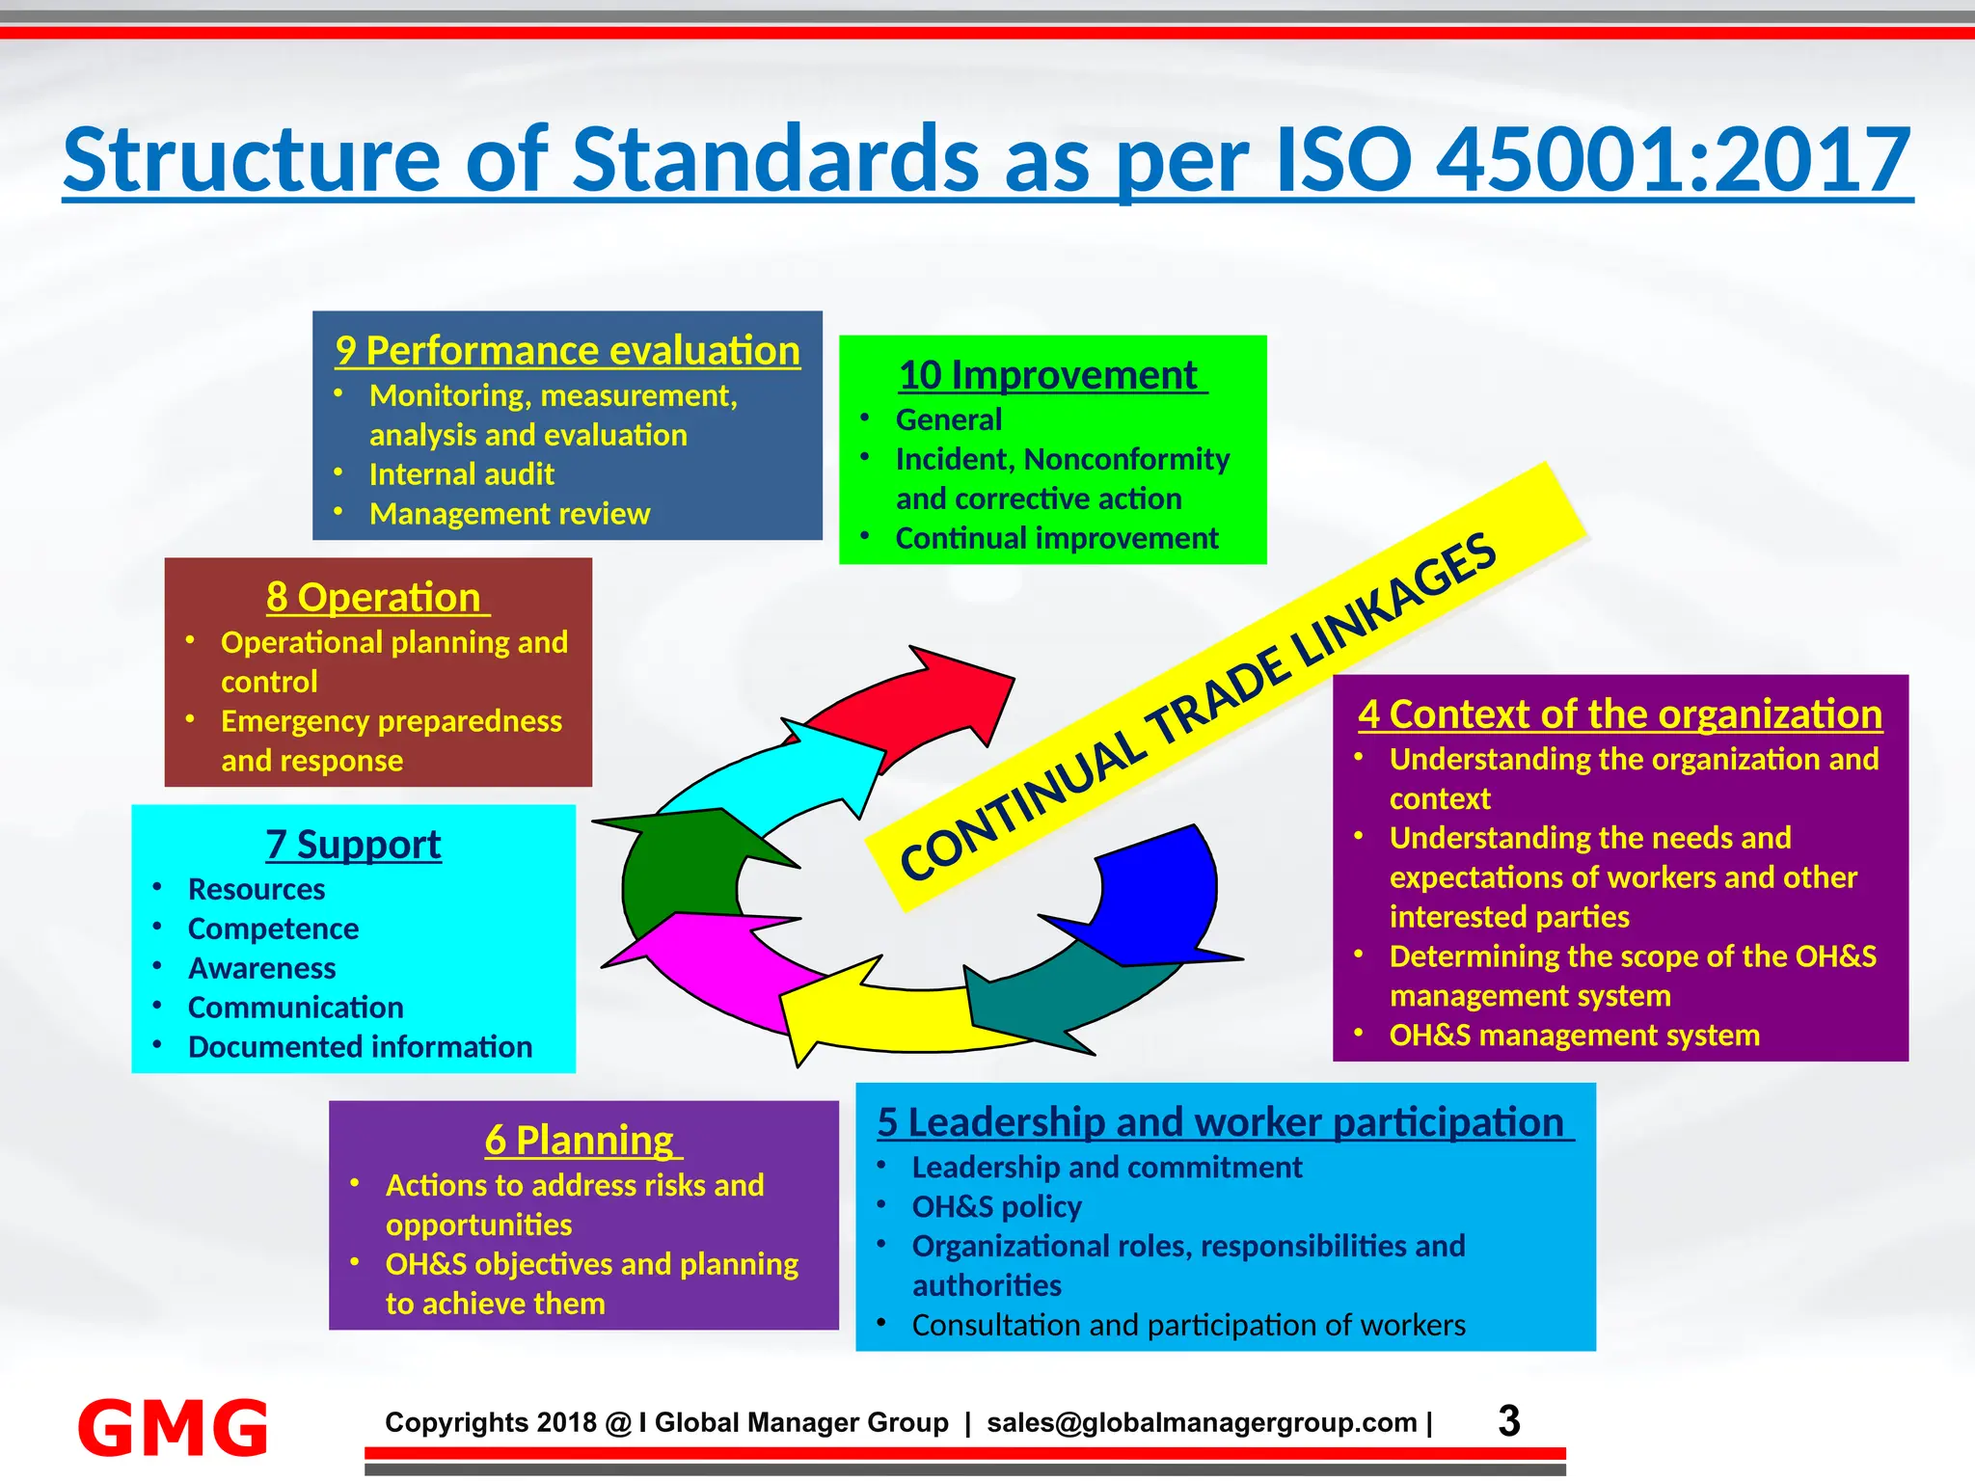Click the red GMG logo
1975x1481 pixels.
click(173, 1427)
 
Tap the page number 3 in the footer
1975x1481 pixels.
click(1509, 1421)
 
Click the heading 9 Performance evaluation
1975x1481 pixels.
click(567, 351)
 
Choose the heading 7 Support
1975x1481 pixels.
click(353, 845)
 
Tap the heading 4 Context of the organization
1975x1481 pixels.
click(1620, 714)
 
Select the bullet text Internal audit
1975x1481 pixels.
click(461, 474)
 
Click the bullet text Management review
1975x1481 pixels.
click(509, 514)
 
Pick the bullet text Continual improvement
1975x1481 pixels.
click(1057, 538)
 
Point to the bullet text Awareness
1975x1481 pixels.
click(261, 968)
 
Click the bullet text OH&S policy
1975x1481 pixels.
click(996, 1207)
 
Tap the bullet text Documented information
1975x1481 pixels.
click(360, 1047)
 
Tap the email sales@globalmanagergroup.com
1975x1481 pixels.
click(1202, 1423)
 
